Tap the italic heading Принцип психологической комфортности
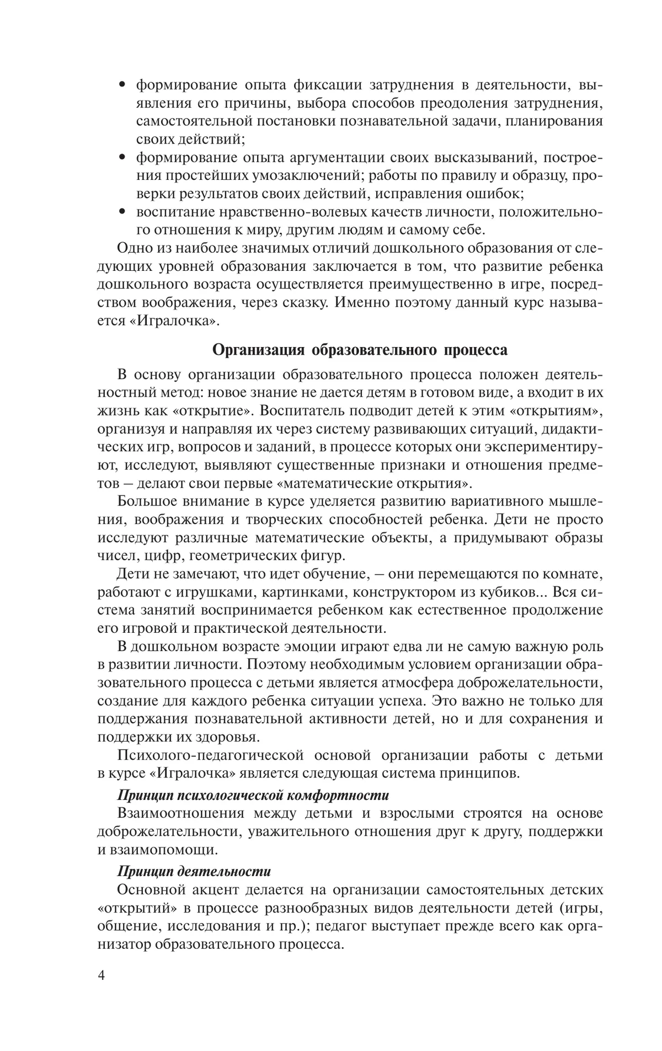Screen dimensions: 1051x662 (x=253, y=795)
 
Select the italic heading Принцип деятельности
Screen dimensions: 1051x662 (x=194, y=871)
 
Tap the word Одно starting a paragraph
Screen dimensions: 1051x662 (x=136, y=248)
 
